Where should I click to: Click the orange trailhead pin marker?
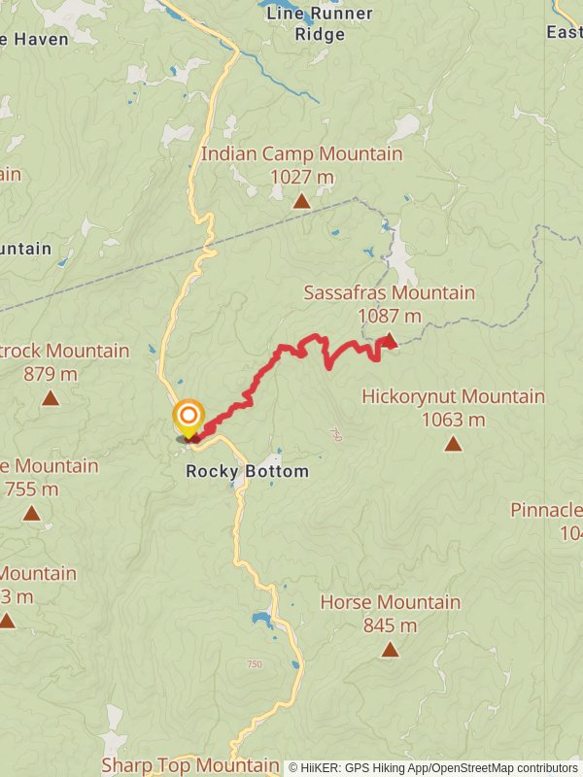188,419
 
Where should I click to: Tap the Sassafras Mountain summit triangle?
389,340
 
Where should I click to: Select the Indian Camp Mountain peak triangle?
302,201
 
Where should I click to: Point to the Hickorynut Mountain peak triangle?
453,444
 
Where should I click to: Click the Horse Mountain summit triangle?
390,650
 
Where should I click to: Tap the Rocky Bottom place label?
247,472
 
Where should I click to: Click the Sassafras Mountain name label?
389,292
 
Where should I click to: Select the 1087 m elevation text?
389,316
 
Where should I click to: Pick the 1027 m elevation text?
301,178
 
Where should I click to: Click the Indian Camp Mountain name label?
301,154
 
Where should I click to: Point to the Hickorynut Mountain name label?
453,396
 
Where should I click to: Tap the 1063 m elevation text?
453,420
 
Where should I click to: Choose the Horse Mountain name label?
390,602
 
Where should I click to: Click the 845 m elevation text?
390,625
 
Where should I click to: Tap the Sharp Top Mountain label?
190,765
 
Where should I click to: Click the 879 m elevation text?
51,374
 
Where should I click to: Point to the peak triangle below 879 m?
51,398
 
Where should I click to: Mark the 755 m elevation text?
32,489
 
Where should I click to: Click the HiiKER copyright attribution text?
432,767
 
